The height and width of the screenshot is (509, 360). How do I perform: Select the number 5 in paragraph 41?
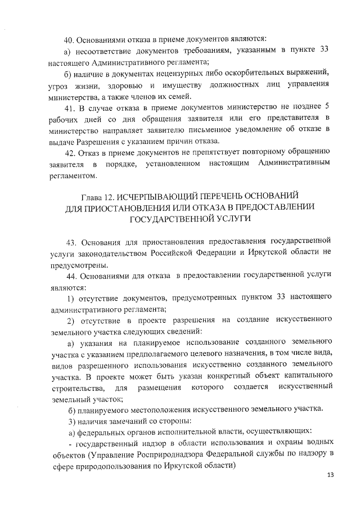[327, 107]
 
